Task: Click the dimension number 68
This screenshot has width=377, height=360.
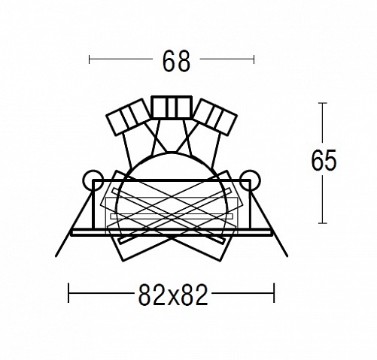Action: [176, 62]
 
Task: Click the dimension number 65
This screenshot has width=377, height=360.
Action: [324, 160]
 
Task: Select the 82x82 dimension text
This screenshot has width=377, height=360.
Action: [173, 295]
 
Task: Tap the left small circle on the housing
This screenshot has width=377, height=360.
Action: [93, 180]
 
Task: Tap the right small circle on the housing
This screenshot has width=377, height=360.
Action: [250, 180]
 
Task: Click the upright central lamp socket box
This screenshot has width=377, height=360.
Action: [172, 107]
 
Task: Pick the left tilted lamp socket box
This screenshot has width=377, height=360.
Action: [129, 116]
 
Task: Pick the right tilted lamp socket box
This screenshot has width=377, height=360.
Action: [214, 116]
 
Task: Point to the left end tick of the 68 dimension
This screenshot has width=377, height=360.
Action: [89, 59]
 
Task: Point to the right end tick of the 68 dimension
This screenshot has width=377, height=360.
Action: [254, 59]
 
